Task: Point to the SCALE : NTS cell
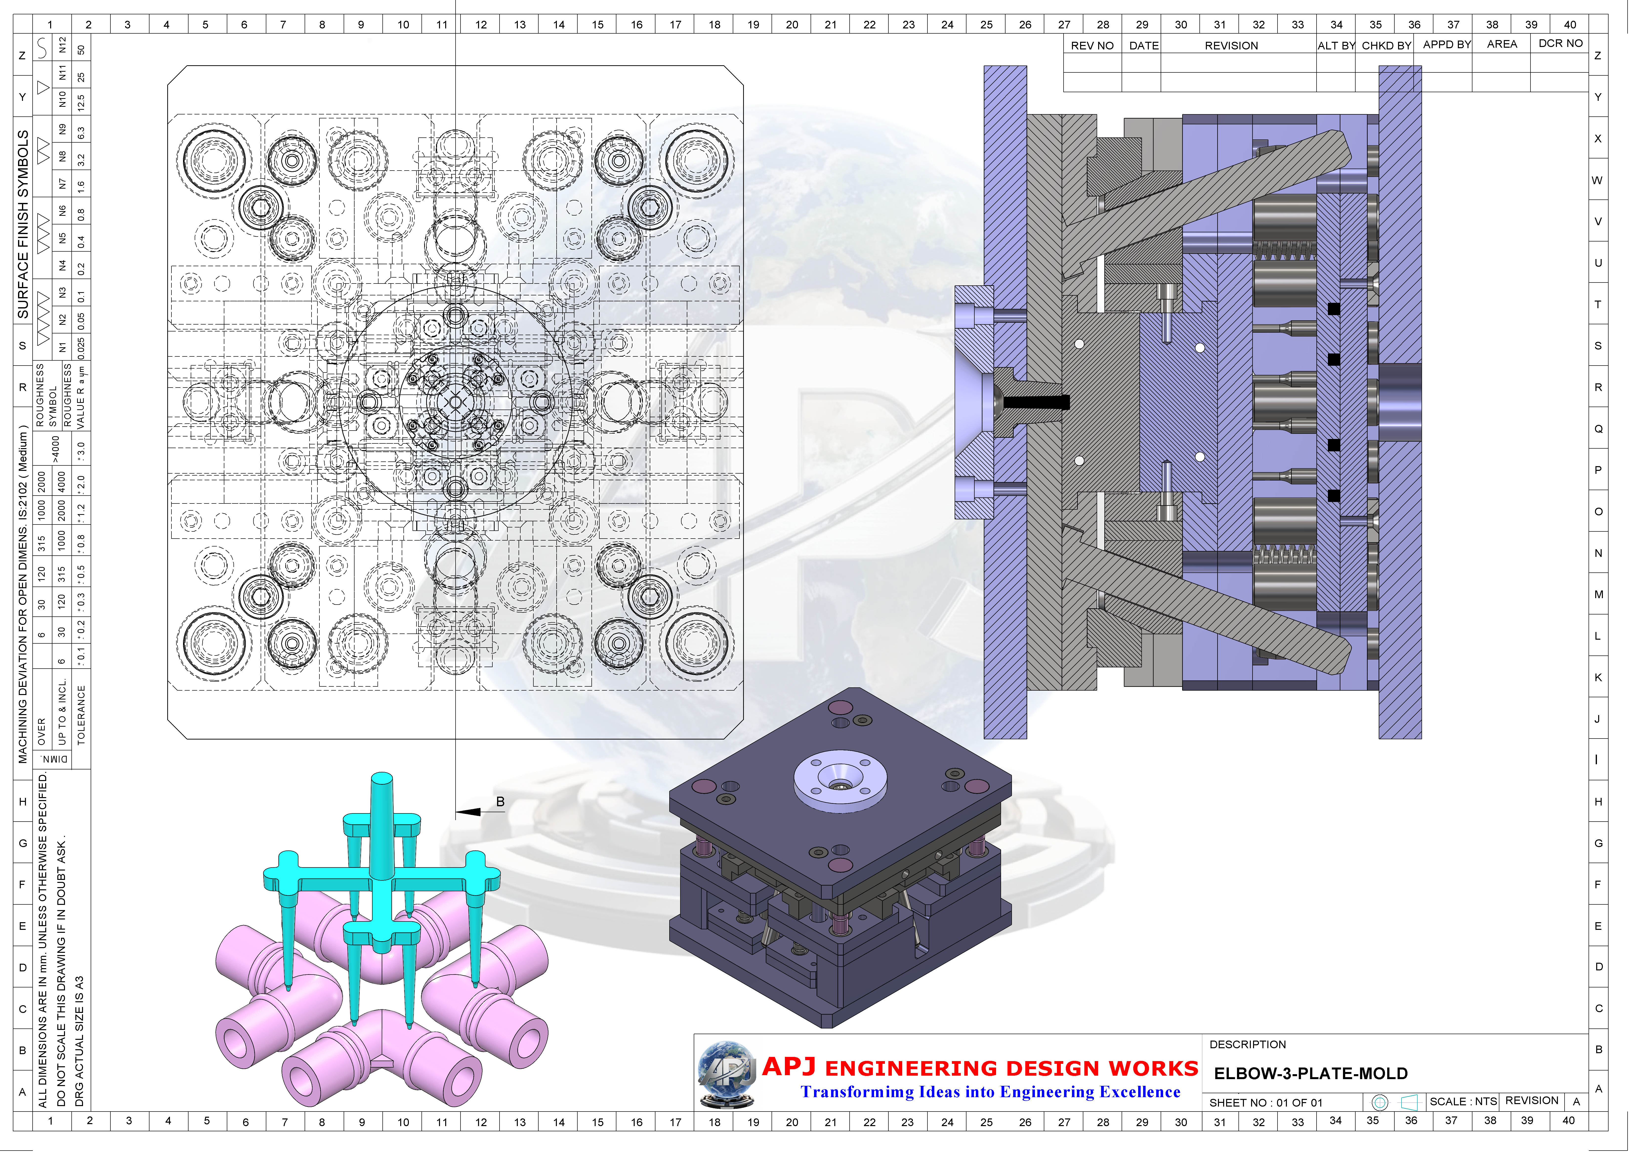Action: tap(1463, 1101)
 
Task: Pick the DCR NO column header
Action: tap(1560, 44)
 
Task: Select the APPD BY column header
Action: tap(1446, 44)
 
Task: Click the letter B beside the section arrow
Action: tap(500, 802)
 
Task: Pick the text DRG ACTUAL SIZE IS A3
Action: tap(79, 1041)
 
